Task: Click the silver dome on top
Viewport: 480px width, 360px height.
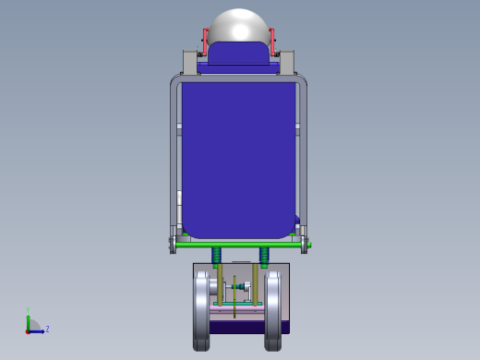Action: click(x=239, y=25)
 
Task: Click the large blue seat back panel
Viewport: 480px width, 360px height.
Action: click(x=239, y=152)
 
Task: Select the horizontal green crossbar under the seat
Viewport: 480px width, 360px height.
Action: click(x=240, y=245)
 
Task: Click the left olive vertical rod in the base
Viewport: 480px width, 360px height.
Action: click(x=221, y=286)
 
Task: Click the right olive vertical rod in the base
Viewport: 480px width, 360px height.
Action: click(x=256, y=286)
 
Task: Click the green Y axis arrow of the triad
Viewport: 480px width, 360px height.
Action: click(x=28, y=320)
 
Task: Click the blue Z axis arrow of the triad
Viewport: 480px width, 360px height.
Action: click(x=37, y=330)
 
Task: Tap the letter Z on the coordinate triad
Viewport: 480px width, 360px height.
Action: click(x=47, y=329)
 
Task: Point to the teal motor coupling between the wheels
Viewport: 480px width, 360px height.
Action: click(x=242, y=287)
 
